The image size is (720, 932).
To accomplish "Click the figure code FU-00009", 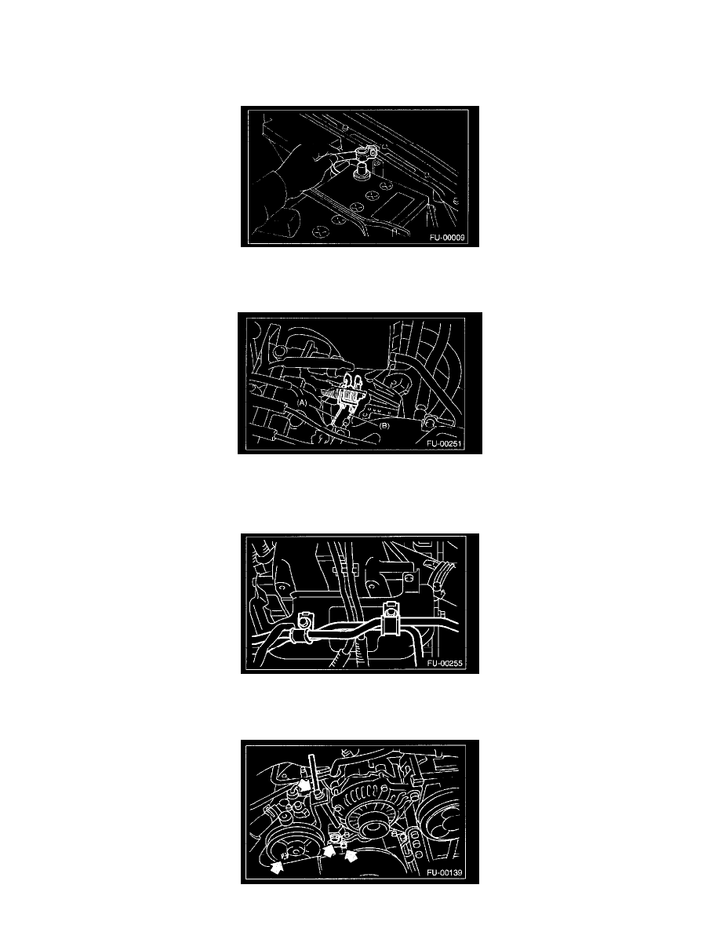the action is coord(447,238).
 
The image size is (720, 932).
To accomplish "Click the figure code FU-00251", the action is coord(444,443).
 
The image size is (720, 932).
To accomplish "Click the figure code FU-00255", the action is coord(445,664).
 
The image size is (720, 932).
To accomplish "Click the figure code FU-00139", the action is coord(445,872).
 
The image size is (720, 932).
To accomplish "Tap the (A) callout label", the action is coord(303,402).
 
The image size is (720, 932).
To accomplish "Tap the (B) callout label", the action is coord(384,425).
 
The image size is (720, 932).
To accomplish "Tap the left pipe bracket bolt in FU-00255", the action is coord(305,621).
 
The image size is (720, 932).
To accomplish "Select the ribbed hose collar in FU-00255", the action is coord(300,636).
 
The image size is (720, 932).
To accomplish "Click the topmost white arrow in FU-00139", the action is coord(304,785).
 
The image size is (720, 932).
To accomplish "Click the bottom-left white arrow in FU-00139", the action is coord(276,867).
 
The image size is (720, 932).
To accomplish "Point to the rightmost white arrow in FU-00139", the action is coord(351,855).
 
